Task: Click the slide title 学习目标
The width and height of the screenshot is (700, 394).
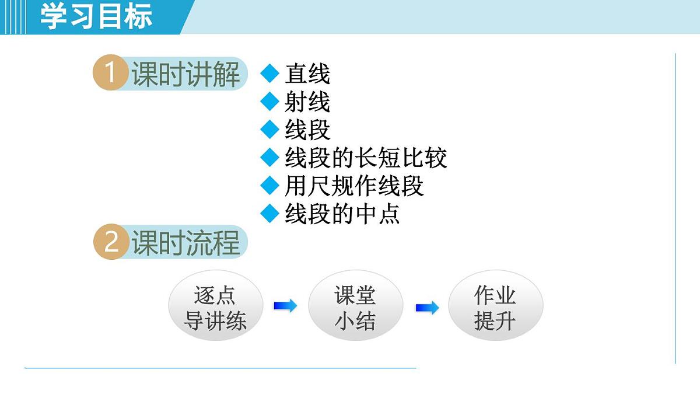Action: click(x=96, y=16)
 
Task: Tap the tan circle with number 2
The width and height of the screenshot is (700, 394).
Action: click(x=111, y=242)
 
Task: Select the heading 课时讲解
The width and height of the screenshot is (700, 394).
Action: click(x=185, y=74)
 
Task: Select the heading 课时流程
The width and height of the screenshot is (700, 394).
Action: click(x=185, y=243)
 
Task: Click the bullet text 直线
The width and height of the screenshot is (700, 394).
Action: click(x=307, y=74)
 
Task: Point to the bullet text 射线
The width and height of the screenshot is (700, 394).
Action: click(x=307, y=102)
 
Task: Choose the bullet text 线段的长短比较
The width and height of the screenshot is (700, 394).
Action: click(x=366, y=158)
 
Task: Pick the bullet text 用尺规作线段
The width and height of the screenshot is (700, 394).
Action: click(x=354, y=186)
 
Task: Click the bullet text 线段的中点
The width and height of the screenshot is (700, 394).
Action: click(x=342, y=214)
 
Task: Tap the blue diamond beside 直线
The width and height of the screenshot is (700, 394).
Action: click(x=270, y=74)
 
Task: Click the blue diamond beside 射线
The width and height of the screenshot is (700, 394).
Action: click(x=270, y=102)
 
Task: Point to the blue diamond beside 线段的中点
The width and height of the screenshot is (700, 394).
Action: click(x=270, y=214)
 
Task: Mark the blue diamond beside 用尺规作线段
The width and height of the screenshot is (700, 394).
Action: click(x=270, y=186)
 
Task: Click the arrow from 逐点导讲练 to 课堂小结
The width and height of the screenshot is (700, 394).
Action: click(x=285, y=306)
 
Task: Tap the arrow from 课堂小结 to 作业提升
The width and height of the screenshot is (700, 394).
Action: click(x=427, y=308)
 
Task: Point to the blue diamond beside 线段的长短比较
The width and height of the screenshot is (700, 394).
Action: click(x=270, y=158)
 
